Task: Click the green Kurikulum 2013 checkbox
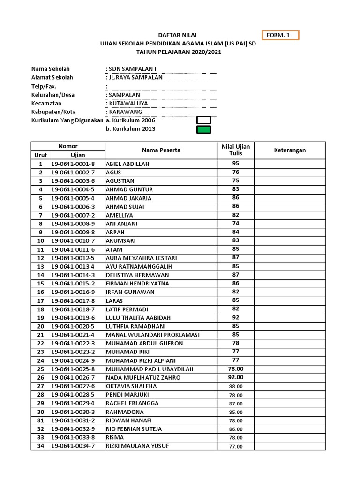point(203,129)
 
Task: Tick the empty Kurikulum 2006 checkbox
point(203,120)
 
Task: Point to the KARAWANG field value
point(126,112)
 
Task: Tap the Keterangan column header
point(290,150)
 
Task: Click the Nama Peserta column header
point(161,150)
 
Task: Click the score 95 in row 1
point(236,164)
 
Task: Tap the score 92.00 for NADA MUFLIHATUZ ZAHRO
point(236,377)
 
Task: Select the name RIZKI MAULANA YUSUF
point(137,446)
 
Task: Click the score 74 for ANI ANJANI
point(236,224)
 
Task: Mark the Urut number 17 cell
point(41,300)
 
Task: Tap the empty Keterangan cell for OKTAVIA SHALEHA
point(290,386)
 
